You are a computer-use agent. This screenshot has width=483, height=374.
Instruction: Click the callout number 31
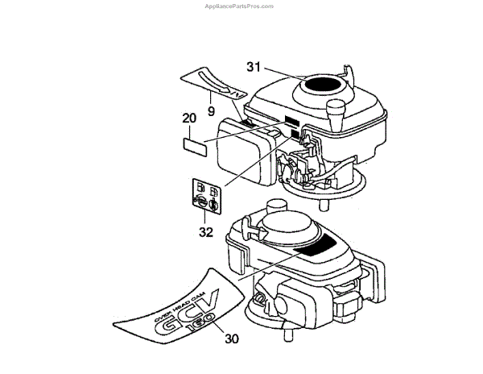pyautogui.click(x=252, y=67)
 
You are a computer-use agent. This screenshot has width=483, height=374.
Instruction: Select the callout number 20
pyautogui.click(x=188, y=118)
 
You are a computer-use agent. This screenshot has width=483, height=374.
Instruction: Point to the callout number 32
pyautogui.click(x=205, y=231)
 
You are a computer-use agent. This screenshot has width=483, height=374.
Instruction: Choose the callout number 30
pyautogui.click(x=231, y=339)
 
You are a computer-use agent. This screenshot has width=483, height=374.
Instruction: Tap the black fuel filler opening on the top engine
pyautogui.click(x=326, y=83)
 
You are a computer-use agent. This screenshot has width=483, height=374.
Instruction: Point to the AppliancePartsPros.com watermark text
pyautogui.click(x=241, y=5)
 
